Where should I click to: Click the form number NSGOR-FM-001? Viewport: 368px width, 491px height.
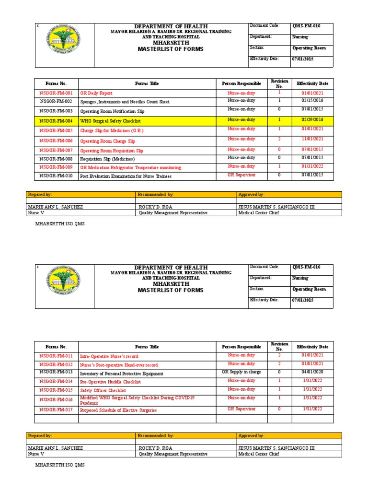coord(56,93)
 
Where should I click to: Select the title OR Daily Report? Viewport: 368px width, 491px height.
coord(96,93)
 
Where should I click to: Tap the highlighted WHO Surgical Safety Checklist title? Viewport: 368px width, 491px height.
coord(110,121)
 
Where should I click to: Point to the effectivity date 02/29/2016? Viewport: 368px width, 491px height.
coord(312,120)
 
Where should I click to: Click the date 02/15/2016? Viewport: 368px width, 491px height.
coord(312,101)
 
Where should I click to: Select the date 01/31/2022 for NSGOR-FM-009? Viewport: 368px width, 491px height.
coord(312,166)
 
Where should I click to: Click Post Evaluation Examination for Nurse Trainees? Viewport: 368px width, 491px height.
coord(126,176)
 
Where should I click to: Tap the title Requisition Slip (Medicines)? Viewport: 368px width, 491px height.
coord(107,159)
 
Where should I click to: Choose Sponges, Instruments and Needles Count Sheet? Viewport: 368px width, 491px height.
coord(125,102)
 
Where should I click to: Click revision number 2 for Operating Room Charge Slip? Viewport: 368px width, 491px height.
coord(279,139)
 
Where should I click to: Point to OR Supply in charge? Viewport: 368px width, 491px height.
coord(241,372)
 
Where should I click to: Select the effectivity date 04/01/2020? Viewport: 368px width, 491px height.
coord(312,372)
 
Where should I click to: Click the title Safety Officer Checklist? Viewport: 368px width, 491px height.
coord(103,391)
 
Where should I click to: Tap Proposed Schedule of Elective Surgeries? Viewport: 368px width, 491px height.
coord(118,410)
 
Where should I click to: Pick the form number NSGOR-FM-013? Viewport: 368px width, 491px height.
coord(56,372)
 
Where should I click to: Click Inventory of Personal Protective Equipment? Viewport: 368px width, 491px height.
coord(121,374)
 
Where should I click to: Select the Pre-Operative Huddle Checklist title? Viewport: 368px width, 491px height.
coord(110,382)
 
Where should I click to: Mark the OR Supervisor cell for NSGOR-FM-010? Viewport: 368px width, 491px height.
coord(241,175)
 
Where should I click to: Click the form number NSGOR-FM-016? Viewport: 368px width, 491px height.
coord(56,399)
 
